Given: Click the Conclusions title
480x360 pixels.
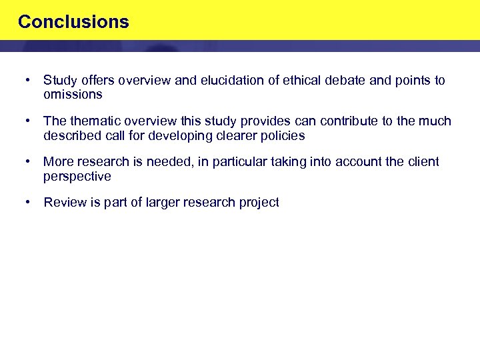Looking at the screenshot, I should (x=73, y=22).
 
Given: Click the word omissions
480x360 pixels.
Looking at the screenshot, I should (x=73, y=95).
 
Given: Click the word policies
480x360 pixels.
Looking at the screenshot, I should (x=283, y=136).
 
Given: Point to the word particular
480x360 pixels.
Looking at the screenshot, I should (x=237, y=162).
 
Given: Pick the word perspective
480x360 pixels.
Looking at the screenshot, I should (x=77, y=177).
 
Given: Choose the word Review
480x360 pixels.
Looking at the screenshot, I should (x=63, y=203).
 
